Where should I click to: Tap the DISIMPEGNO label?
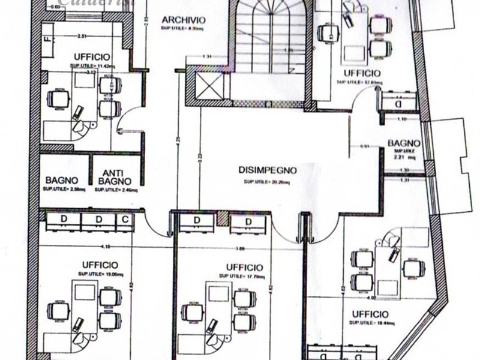pyautogui.click(x=267, y=170)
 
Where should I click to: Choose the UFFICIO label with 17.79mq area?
pyautogui.click(x=245, y=267)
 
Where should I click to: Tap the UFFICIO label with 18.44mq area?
pyautogui.click(x=370, y=314)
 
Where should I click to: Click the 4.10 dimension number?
pyautogui.click(x=106, y=246)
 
